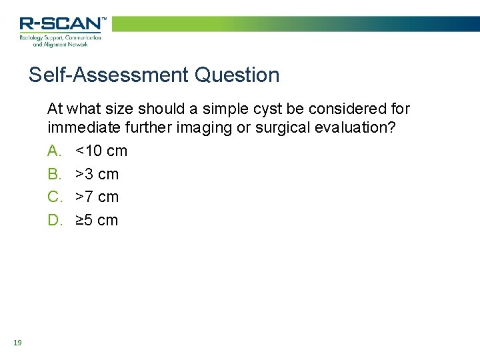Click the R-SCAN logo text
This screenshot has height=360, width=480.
(61, 24)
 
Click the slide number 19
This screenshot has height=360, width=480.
(17, 343)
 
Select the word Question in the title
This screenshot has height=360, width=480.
(237, 75)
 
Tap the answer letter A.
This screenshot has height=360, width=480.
(54, 151)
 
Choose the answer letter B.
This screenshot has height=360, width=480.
(54, 174)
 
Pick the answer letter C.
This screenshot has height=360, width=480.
(54, 197)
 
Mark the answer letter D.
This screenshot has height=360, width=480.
(54, 220)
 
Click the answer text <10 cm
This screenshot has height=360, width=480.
(101, 151)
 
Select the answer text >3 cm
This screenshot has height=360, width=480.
(97, 174)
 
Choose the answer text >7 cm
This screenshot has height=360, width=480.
(97, 197)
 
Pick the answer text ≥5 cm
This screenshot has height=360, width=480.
(97, 220)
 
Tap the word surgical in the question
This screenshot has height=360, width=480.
(268, 127)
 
